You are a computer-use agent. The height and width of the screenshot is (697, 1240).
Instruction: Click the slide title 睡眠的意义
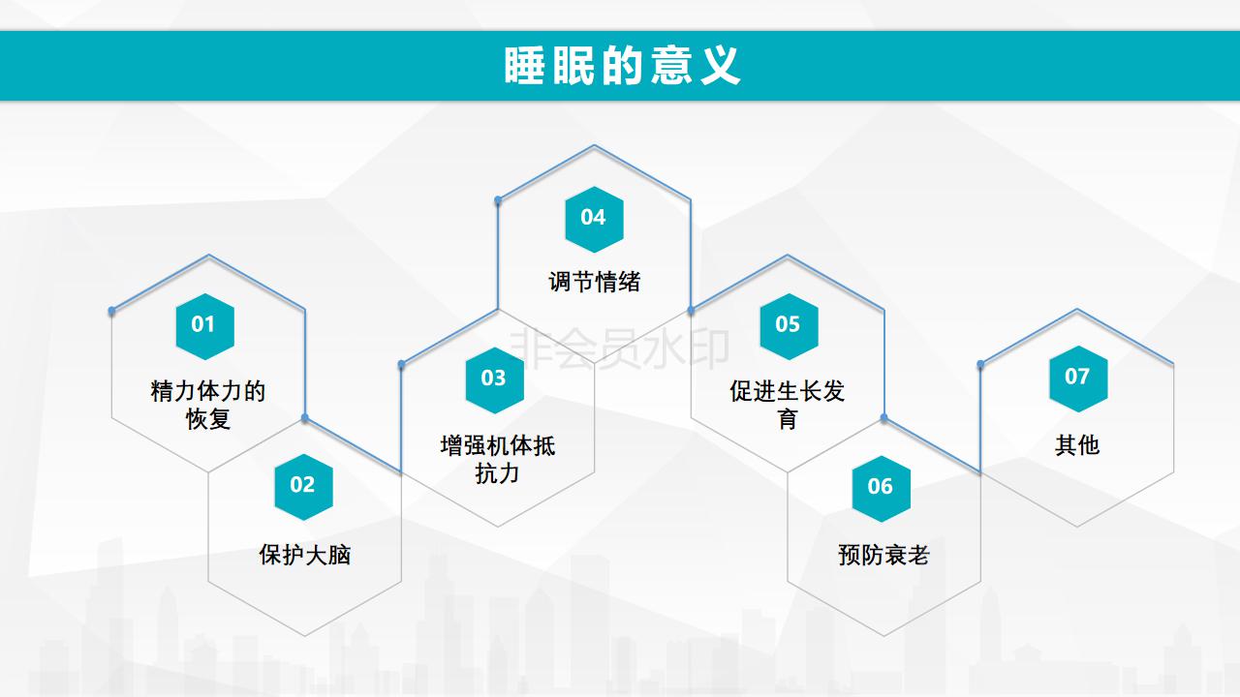[x=622, y=66]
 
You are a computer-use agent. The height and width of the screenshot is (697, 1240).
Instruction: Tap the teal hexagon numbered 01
[x=204, y=326]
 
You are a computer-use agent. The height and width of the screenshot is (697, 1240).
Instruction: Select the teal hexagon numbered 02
[x=304, y=487]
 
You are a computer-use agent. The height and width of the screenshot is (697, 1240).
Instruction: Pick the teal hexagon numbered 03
[x=495, y=380]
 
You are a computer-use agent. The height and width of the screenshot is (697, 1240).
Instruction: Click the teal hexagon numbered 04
[x=595, y=219]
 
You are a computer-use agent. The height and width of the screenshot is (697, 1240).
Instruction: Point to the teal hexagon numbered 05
[x=789, y=326]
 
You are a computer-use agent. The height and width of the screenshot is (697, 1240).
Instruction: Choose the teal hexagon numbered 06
[x=882, y=489]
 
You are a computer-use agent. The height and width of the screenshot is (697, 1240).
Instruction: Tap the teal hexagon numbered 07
[x=1078, y=379]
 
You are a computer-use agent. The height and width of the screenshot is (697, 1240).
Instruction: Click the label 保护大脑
[x=305, y=555]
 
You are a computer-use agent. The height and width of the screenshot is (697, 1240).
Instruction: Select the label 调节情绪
[x=595, y=282]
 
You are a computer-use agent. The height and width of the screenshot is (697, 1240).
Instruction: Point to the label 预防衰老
[x=883, y=555]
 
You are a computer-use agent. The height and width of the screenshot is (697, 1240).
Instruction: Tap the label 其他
[x=1077, y=445]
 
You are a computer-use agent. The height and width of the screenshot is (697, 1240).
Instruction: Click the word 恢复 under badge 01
[x=208, y=419]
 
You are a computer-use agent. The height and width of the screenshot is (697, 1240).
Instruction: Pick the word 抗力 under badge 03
[x=497, y=473]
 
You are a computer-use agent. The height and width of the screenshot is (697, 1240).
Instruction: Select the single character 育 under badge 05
[x=788, y=419]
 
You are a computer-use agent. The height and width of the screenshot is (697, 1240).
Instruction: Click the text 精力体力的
[x=208, y=391]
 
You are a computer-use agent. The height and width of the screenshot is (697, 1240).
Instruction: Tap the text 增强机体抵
[x=498, y=446]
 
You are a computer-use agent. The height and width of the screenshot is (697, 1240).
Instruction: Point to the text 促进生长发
[x=788, y=391]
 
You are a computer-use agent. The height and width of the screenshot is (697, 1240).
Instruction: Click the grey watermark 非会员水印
[x=619, y=348]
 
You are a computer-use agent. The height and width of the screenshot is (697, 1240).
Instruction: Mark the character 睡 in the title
[x=524, y=66]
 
